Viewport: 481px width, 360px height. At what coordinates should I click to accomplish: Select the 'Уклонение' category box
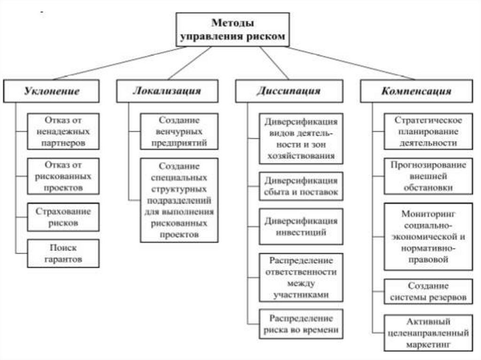pos(52,91)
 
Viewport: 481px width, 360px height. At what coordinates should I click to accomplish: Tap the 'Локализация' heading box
pos(167,91)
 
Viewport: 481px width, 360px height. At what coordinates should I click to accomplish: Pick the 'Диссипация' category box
pos(288,91)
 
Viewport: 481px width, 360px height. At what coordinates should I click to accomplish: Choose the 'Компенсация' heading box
pos(416,91)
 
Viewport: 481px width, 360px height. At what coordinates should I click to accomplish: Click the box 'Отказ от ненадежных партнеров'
pos(63,131)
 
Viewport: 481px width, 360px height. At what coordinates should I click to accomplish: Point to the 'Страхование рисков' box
pos(63,217)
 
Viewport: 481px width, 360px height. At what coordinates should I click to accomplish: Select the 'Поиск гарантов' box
pos(63,253)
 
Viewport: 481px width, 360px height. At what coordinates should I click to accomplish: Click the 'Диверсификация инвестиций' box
pos(301,226)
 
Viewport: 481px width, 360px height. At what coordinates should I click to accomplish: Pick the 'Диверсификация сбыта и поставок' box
pos(301,186)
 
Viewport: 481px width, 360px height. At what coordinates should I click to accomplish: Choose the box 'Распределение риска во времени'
pos(301,324)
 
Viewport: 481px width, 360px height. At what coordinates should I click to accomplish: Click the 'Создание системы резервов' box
pos(428,291)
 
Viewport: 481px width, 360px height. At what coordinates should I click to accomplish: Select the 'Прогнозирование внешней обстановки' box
pos(428,176)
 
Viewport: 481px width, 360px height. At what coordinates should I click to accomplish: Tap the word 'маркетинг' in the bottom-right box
pos(428,345)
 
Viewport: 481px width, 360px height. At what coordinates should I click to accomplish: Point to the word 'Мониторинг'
pos(428,214)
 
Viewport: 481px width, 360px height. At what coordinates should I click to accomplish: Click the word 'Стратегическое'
pos(428,120)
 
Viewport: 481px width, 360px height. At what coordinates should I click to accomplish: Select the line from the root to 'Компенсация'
pos(350,63)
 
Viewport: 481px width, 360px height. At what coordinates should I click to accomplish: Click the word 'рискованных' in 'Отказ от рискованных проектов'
pos(63,176)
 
